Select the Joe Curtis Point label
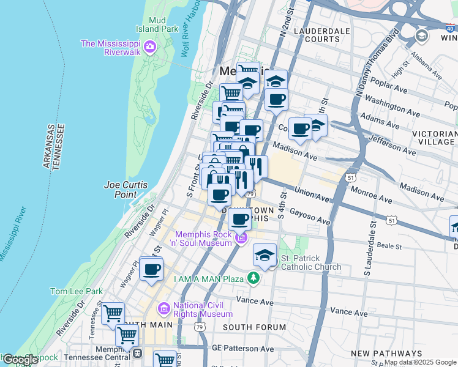pyautogui.click(x=120, y=188)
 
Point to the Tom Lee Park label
pyautogui.click(x=77, y=291)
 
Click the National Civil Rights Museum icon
pyautogui.click(x=163, y=306)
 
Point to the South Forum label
pyautogui.click(x=254, y=327)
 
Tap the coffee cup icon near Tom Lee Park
pyautogui.click(x=151, y=269)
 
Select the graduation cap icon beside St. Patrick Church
pyautogui.click(x=265, y=256)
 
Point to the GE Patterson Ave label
pyautogui.click(x=242, y=349)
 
